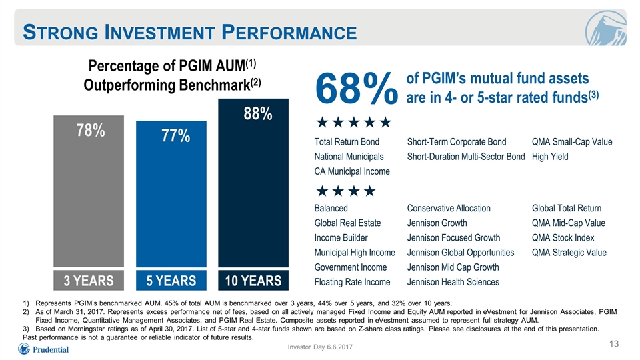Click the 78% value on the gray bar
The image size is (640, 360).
pyautogui.click(x=91, y=131)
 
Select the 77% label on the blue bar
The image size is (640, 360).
pyautogui.click(x=175, y=136)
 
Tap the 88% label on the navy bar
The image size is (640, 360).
pyautogui.click(x=258, y=114)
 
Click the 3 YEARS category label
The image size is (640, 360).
pyautogui.click(x=89, y=281)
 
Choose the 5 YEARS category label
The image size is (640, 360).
pyautogui.click(x=171, y=281)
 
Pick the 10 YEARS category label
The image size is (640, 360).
pyautogui.click(x=253, y=281)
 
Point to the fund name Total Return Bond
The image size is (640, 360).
pyautogui.click(x=347, y=142)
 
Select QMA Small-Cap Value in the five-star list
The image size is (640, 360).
pyautogui.click(x=572, y=142)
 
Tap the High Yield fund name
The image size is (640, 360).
pyautogui.click(x=550, y=157)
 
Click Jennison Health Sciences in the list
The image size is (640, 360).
pyautogui.click(x=453, y=282)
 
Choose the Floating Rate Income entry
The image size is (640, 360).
pyautogui.click(x=352, y=282)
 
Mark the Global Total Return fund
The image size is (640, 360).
pyautogui.click(x=567, y=208)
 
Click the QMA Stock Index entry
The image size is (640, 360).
pyautogui.click(x=563, y=238)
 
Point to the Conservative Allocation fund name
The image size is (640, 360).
pyautogui.click(x=449, y=208)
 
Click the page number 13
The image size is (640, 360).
pyautogui.click(x=614, y=344)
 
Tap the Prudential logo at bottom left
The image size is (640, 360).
pyautogui.click(x=43, y=349)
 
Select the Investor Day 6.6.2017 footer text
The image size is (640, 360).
pyautogui.click(x=320, y=347)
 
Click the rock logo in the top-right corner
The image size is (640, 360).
pyautogui.click(x=605, y=28)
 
